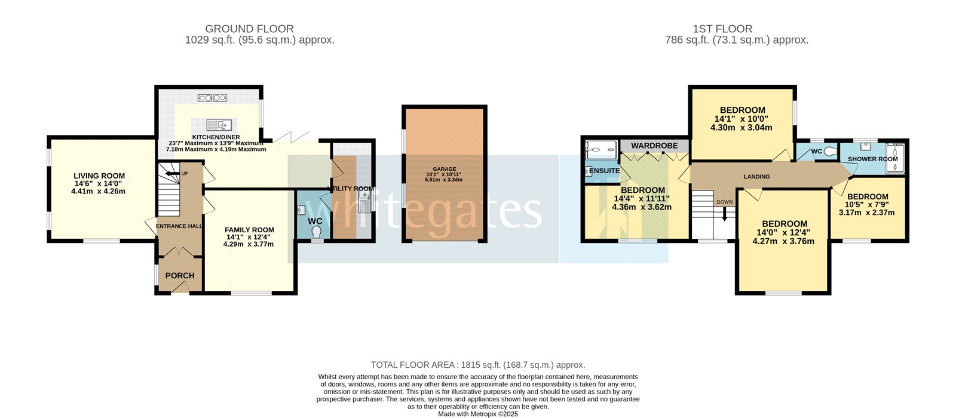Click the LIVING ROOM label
click(99, 176)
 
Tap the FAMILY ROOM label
click(249, 230)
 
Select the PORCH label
click(180, 275)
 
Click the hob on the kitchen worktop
click(212, 97)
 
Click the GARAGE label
click(445, 169)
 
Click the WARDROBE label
click(654, 146)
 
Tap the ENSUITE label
click(604, 171)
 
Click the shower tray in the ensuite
click(600, 150)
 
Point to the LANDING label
click(756, 177)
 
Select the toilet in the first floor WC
click(828, 152)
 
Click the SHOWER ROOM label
click(873, 159)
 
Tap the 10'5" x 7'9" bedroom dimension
click(866, 204)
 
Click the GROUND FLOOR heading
click(249, 29)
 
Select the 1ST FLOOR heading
click(722, 29)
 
